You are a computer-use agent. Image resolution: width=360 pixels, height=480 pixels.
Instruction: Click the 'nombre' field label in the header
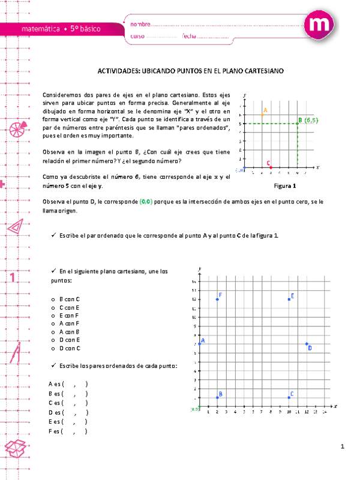point(140,25)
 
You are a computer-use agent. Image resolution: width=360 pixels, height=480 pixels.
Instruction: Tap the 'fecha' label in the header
point(189,37)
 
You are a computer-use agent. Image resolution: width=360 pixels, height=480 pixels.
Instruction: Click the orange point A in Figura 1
point(262,114)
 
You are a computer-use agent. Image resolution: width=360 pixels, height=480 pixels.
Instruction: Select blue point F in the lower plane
point(217,299)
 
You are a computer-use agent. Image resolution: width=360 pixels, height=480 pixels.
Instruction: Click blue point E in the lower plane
point(289,299)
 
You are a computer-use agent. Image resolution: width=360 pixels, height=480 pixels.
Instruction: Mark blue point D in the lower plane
point(307,344)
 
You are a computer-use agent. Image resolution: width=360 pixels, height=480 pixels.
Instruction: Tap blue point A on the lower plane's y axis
point(199,344)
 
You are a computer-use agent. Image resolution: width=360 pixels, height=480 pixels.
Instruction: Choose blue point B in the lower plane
point(217,397)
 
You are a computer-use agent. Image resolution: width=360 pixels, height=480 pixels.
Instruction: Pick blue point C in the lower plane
point(289,397)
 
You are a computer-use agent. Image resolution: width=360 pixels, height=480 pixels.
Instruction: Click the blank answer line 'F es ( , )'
point(68,431)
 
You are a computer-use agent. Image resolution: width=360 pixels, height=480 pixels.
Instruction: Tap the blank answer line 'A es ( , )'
point(68,383)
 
